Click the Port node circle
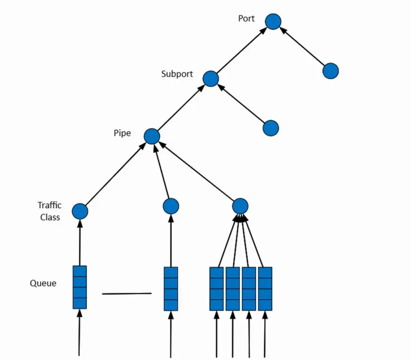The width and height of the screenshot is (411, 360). [273, 21]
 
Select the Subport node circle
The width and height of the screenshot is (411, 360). [210, 79]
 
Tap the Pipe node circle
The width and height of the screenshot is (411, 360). [152, 137]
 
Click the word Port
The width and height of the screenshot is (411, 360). [246, 18]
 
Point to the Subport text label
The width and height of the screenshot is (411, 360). [177, 74]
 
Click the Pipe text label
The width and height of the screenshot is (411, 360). [122, 133]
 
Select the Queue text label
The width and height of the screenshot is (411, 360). [43, 283]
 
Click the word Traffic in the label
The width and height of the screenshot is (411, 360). [49, 205]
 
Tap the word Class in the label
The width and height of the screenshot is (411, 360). [50, 217]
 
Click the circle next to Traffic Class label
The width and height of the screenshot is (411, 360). [80, 211]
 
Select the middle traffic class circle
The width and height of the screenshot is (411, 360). [171, 206]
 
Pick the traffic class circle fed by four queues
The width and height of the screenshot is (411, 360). [240, 206]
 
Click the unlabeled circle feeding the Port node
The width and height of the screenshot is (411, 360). [330, 71]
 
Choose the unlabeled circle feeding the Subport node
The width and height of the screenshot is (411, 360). [271, 128]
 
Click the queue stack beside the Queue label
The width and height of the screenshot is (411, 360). [79, 287]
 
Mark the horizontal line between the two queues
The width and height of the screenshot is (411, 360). [127, 294]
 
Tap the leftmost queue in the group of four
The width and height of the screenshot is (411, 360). [216, 289]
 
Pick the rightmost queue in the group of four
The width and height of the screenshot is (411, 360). [265, 289]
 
